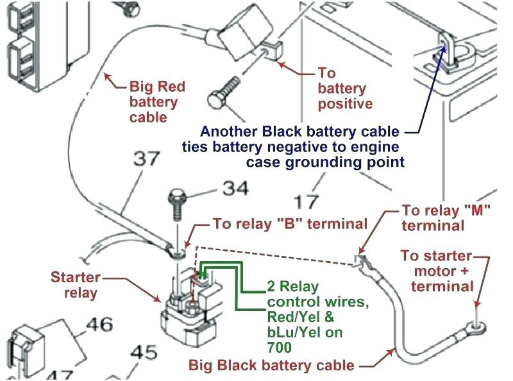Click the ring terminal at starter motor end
pyautogui.click(x=475, y=326)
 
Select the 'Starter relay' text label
pyautogui.click(x=75, y=285)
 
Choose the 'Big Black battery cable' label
pyautogui.click(x=271, y=366)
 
